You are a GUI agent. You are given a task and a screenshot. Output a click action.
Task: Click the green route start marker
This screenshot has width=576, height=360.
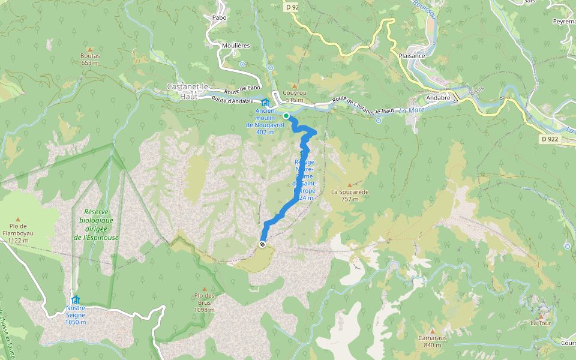(287, 115)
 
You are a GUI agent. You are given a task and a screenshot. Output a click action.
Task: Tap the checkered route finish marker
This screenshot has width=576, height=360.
(262, 244)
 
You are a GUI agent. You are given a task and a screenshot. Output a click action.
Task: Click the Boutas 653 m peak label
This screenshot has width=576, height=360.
(89, 59)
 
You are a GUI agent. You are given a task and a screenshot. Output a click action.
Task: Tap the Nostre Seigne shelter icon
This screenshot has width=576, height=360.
(75, 299)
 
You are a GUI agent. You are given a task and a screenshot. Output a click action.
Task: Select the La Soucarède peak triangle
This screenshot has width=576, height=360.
(350, 184)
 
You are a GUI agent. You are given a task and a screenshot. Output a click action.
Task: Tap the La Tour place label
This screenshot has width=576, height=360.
(540, 323)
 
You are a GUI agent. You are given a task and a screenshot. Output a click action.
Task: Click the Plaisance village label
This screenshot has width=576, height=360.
(412, 56)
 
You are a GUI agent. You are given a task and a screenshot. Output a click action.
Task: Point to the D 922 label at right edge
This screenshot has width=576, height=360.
(548, 139)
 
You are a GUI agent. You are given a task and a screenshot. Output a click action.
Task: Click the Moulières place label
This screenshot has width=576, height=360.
(236, 46)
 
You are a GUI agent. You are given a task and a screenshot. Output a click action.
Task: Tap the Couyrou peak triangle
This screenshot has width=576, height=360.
(294, 86)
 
